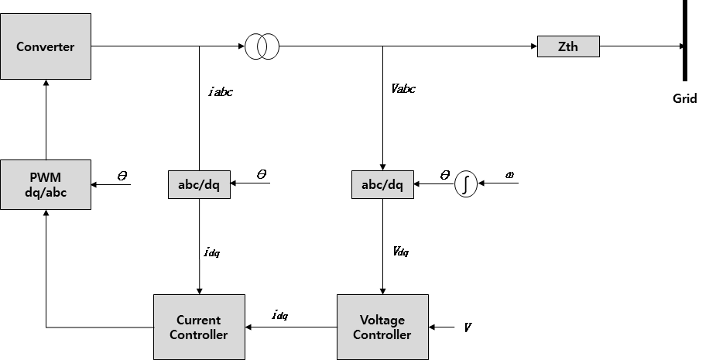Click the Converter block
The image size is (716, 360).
46,46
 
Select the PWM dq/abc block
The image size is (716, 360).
46,184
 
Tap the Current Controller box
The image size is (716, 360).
199,327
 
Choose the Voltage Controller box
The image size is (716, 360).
382,327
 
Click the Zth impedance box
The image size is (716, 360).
568,46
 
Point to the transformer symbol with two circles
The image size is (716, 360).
262,46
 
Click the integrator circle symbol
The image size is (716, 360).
465,184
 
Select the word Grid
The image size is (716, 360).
684,98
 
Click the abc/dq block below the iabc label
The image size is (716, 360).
199,184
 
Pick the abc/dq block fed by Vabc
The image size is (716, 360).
382,184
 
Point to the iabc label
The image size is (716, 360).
221,91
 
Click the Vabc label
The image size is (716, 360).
403,88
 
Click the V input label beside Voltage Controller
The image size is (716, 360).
468,327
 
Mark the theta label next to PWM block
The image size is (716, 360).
122,176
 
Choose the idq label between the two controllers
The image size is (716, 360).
279,315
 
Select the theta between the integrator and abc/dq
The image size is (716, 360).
444,176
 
